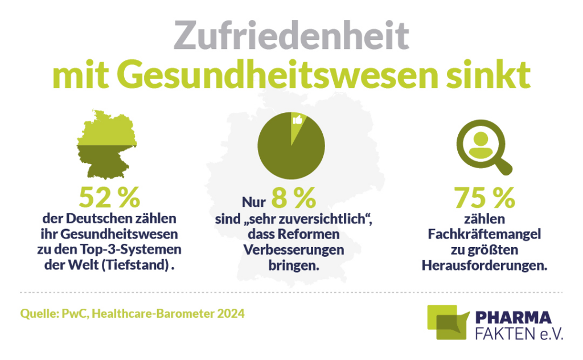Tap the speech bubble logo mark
pyautogui.click(x=447, y=322)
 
